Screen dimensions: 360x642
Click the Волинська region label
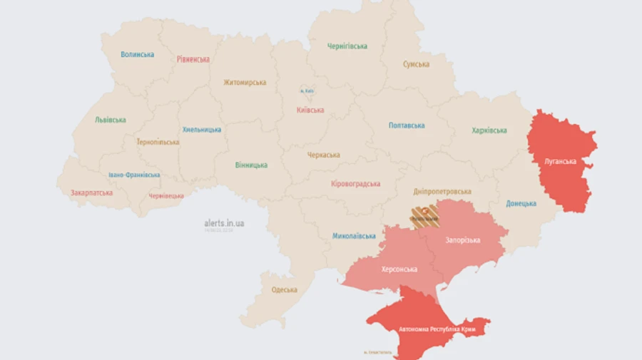(137, 54)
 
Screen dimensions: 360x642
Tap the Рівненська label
(193, 59)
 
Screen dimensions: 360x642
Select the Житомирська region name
(245, 82)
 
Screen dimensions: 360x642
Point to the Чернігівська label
(347, 46)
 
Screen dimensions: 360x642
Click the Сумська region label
(416, 64)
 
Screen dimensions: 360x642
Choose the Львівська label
(111, 120)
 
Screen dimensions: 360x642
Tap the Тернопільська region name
(158, 142)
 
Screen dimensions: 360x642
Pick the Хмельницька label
(202, 130)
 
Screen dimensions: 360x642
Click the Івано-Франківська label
(134, 175)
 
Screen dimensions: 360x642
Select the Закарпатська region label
(91, 192)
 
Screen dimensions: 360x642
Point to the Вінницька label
(251, 165)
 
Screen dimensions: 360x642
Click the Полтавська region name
(407, 125)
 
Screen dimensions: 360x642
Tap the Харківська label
(489, 130)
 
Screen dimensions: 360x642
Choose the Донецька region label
(521, 203)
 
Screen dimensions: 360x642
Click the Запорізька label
(463, 240)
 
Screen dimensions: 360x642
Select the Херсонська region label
(399, 269)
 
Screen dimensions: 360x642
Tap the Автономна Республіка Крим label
(437, 329)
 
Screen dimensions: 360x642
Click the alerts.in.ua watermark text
(224, 223)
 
